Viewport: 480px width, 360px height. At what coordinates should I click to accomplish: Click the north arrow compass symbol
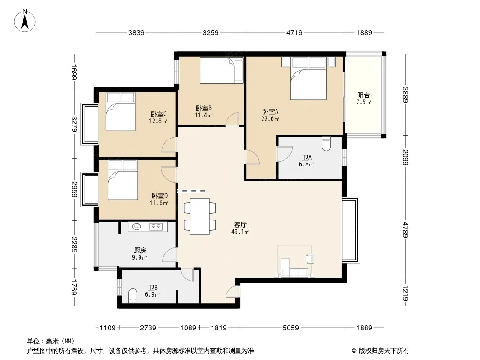click(x=25, y=21)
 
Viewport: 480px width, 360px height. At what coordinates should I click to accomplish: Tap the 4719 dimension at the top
click(x=294, y=32)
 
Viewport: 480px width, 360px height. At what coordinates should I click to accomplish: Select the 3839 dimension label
click(x=136, y=32)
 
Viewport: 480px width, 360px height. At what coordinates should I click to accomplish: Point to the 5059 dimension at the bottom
click(x=290, y=328)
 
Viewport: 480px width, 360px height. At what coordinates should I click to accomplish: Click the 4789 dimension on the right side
click(x=405, y=229)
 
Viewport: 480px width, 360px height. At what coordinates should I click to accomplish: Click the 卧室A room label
click(x=270, y=112)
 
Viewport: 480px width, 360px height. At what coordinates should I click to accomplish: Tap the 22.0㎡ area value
click(x=270, y=119)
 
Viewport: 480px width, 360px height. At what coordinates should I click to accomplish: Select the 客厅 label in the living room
click(x=240, y=225)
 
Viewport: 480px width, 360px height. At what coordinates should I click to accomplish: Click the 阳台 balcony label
click(x=363, y=95)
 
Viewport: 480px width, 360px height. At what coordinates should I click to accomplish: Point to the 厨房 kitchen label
click(x=140, y=251)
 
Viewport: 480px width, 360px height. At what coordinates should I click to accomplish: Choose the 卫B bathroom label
click(x=153, y=288)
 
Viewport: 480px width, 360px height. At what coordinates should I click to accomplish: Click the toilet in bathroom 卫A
click(x=326, y=144)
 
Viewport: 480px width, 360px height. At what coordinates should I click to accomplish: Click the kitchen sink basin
click(x=136, y=226)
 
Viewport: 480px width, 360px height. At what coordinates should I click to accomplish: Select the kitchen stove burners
click(x=156, y=227)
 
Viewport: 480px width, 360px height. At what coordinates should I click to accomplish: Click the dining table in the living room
click(x=199, y=216)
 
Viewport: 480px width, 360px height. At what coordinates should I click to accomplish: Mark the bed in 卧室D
click(x=123, y=180)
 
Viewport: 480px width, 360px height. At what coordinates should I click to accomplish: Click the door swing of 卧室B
click(x=232, y=119)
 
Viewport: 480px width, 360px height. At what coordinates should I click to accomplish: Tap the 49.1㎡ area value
click(x=240, y=232)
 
